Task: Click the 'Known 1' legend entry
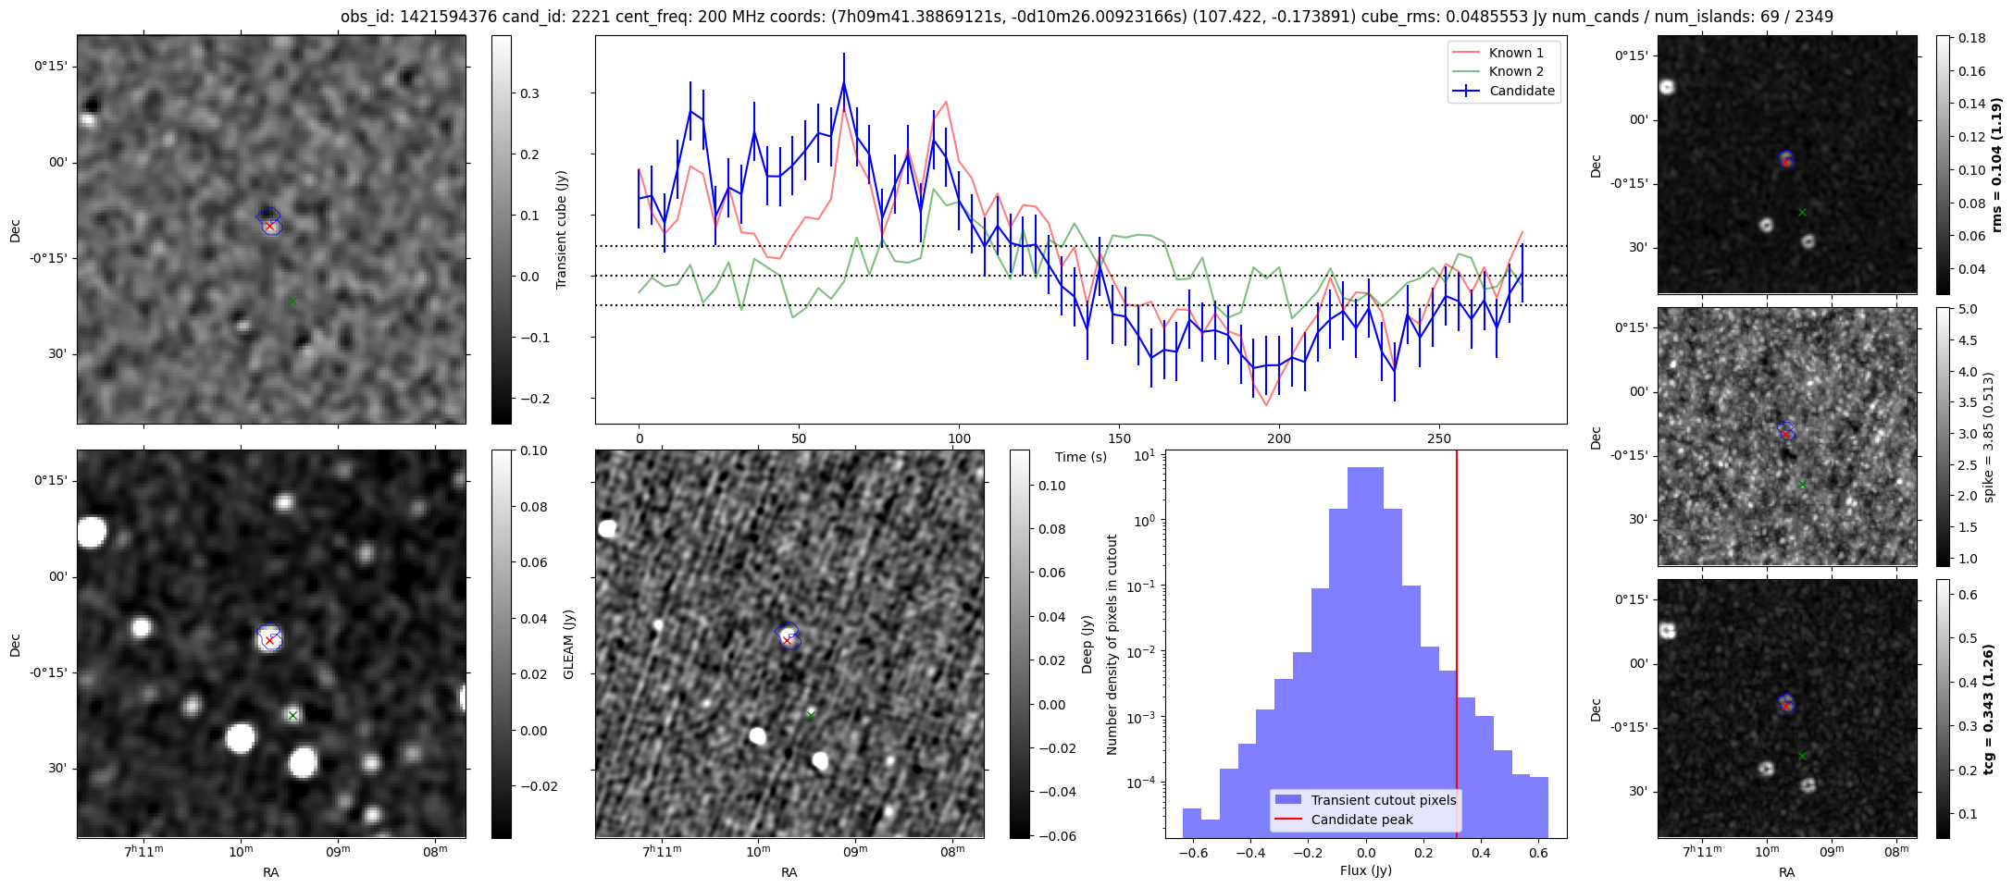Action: [x=1515, y=53]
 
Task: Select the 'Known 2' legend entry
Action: [x=1515, y=71]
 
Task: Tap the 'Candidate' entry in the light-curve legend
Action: [x=1522, y=91]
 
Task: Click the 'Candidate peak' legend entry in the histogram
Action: [x=1361, y=820]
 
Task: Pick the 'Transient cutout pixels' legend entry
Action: [x=1383, y=800]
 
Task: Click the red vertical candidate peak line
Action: [x=1457, y=601]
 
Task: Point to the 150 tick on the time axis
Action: [x=1119, y=438]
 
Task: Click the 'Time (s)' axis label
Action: [x=1080, y=457]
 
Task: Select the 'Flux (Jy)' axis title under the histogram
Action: [x=1365, y=870]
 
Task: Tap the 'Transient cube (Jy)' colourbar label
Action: [x=562, y=229]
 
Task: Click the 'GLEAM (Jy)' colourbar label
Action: [x=568, y=644]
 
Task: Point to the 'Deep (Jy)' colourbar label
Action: [x=1087, y=644]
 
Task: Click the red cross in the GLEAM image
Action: [x=269, y=639]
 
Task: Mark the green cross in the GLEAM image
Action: [x=292, y=715]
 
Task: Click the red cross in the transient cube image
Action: [x=269, y=226]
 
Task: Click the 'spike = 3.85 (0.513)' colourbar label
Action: [x=1988, y=437]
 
